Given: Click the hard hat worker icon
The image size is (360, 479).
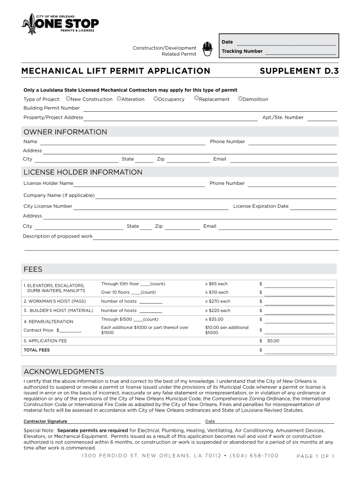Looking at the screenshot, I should point(207,48).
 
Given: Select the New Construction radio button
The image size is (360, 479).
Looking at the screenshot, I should point(68,99).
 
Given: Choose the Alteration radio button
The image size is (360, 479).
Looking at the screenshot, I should point(119,99).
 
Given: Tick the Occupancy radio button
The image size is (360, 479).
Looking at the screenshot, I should point(156,99).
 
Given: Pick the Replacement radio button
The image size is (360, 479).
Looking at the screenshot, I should point(196,99).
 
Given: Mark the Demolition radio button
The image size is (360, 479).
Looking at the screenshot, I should point(240,99).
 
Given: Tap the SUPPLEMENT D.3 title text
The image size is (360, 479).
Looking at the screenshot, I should point(299,71).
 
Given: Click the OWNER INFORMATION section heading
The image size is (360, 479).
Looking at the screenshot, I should point(65,132).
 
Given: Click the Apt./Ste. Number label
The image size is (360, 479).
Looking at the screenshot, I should point(283,117).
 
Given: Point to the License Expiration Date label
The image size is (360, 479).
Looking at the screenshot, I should point(260,206).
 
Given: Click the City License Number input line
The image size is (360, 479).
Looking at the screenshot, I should point(151,207).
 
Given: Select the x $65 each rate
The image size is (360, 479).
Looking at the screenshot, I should point(216,284).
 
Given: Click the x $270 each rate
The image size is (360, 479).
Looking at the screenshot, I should point(217,301).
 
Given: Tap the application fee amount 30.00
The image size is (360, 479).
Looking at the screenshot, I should point(273,341).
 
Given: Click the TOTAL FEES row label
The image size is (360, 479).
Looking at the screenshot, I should point(36,350).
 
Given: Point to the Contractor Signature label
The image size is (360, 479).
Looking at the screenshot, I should point(45,421).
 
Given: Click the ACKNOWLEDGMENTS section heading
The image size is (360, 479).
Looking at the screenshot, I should point(64,372).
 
